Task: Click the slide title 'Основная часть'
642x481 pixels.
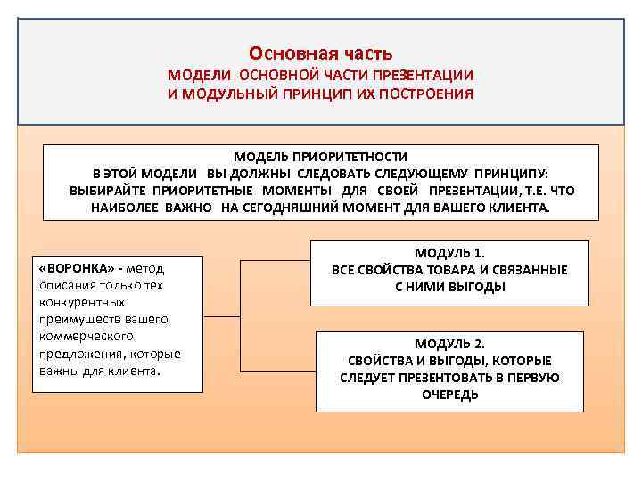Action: tap(320, 54)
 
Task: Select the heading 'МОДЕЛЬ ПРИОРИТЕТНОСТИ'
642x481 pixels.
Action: tap(320, 156)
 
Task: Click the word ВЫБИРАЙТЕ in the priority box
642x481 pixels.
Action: tap(110, 191)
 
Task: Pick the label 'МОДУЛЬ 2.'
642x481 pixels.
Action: tap(449, 344)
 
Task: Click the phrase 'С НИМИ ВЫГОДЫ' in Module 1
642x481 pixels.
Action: tap(449, 287)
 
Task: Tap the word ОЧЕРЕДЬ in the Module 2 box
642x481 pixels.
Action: tap(449, 395)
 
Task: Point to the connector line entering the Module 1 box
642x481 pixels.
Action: tap(276, 262)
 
